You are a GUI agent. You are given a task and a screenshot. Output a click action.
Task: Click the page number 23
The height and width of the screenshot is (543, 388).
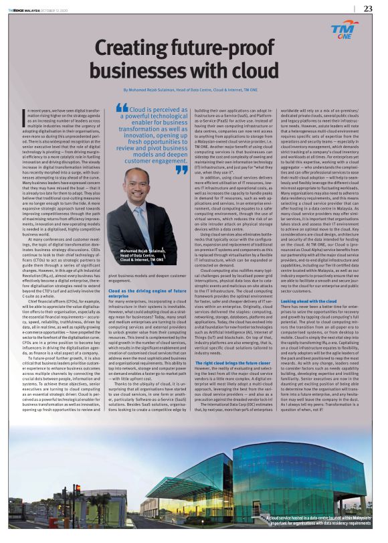coord(368,8)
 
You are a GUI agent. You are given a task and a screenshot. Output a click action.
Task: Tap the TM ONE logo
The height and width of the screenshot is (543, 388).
coord(344,29)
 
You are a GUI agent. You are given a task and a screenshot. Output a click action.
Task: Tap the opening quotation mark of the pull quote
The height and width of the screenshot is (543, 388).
coord(121,107)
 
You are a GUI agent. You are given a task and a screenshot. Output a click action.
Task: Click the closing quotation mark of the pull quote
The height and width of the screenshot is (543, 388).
coord(181,170)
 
